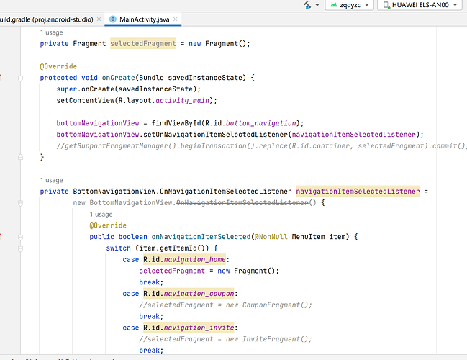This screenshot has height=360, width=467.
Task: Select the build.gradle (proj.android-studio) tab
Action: coord(47,19)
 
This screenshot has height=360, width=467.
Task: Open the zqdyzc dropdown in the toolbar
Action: coord(349,5)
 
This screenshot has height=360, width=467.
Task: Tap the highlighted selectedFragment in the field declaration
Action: coord(143,44)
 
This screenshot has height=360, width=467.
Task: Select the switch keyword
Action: coord(118,248)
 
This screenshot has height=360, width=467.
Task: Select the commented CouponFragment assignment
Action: coord(225,305)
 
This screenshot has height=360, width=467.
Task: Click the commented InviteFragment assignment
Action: coord(225,339)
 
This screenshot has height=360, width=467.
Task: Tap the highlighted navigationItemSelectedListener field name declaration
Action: coord(358,192)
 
